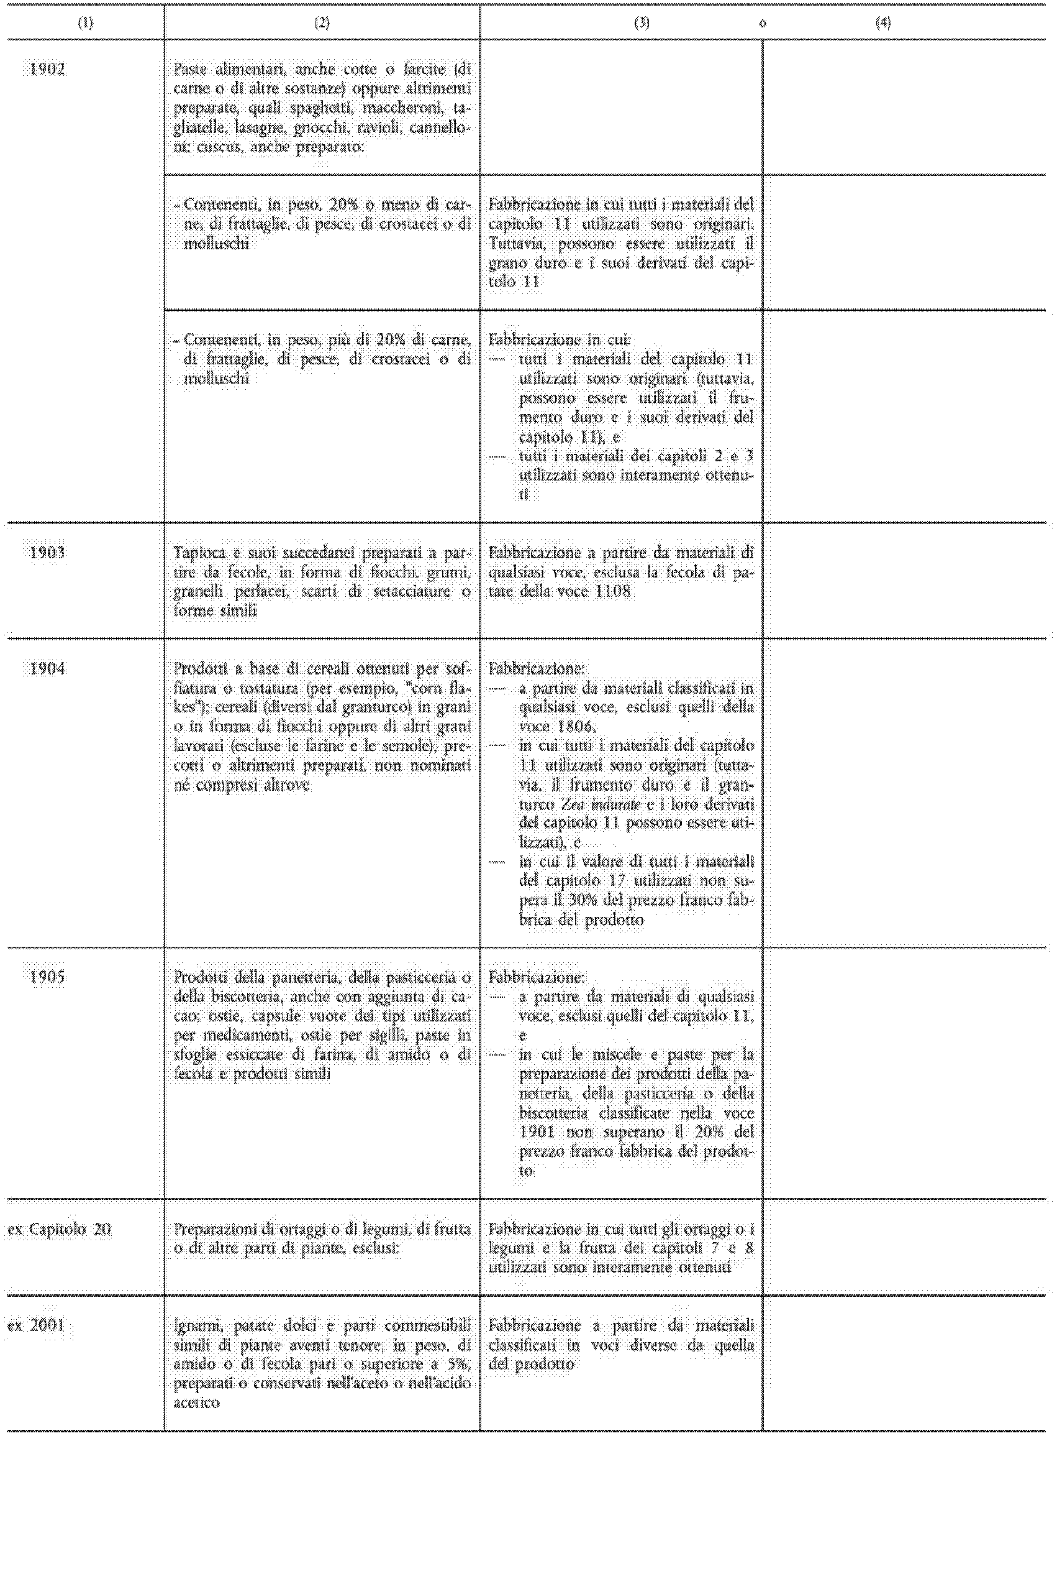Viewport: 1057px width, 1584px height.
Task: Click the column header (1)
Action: coord(86,23)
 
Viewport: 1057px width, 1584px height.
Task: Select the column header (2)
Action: coord(322,23)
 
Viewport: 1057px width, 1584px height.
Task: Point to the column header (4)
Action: coord(882,23)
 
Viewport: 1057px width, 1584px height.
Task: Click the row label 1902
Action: coord(47,69)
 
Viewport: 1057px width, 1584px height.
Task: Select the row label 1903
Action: coord(47,553)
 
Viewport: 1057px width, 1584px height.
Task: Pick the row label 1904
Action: coord(47,668)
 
